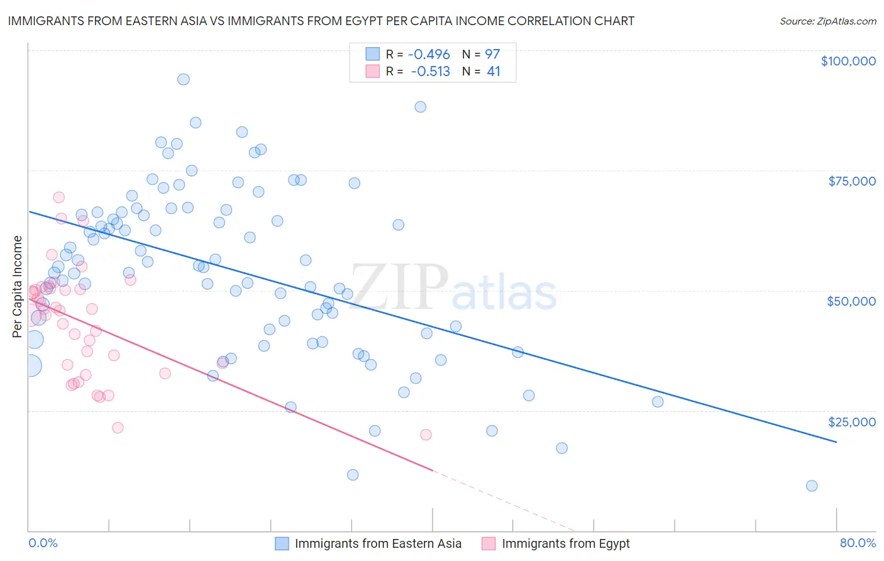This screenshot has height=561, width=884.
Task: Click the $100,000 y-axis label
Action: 848,61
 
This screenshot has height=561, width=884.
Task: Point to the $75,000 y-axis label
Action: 852,181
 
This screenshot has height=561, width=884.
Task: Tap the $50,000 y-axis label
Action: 851,301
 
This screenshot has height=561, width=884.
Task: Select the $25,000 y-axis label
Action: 851,422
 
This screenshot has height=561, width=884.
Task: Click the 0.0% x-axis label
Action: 43,543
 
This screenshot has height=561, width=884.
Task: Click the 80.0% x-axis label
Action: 858,543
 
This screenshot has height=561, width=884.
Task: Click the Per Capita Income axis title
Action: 17,287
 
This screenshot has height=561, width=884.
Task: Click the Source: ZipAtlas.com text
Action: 827,21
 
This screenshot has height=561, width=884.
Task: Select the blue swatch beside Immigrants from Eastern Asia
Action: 282,543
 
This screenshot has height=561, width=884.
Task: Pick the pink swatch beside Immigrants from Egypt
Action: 489,543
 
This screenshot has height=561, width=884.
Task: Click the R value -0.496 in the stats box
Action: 428,54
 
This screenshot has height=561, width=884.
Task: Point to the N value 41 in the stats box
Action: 494,72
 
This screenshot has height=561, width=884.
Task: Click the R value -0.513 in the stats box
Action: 430,72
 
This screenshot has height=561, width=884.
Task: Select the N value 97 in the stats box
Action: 492,54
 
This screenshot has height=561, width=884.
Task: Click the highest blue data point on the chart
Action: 184,79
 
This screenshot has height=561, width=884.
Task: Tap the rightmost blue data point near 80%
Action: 812,486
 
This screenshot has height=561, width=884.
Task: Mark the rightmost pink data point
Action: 426,435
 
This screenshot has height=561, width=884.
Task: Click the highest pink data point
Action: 59,197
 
